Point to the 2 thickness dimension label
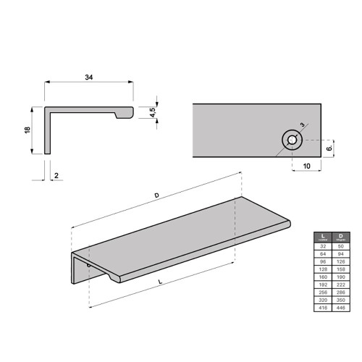55,175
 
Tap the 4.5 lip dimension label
153,113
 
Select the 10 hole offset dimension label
306,167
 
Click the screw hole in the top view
292,140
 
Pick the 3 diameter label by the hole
302,126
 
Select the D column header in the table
340,237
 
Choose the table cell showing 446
340,308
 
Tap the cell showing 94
340,254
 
